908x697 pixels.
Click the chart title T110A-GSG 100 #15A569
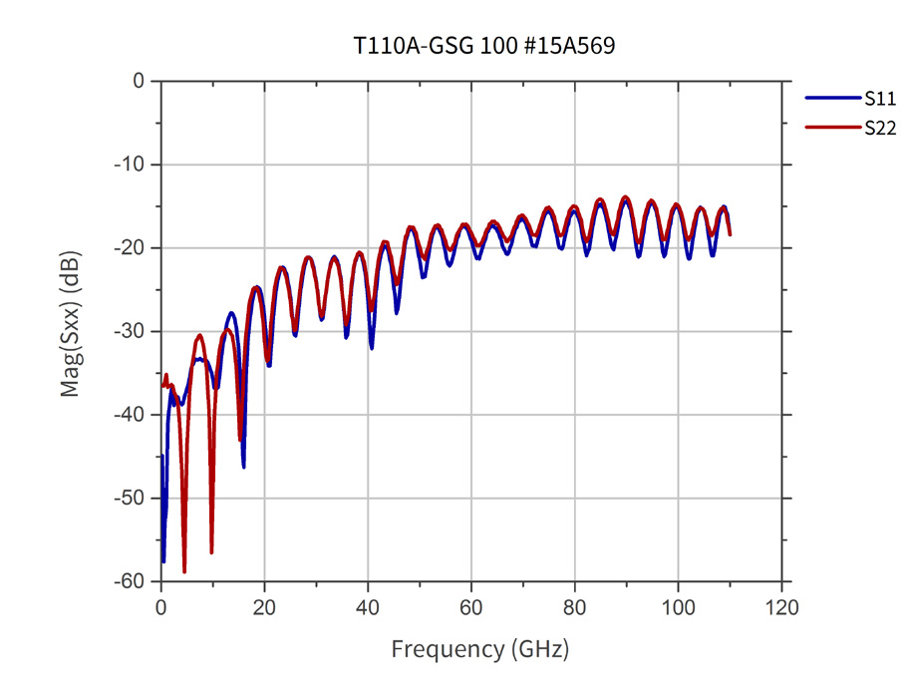pyautogui.click(x=484, y=45)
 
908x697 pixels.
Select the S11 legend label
pyautogui.click(x=880, y=99)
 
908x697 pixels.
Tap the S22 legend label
pyautogui.click(x=880, y=128)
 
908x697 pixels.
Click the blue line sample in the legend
pyautogui.click(x=832, y=98)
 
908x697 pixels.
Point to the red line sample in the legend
pyautogui.click(x=832, y=127)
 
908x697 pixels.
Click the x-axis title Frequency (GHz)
pyautogui.click(x=480, y=649)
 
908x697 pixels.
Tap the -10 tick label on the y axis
pyautogui.click(x=130, y=165)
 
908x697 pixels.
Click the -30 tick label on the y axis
pyautogui.click(x=130, y=331)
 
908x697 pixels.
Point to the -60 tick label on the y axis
pyautogui.click(x=130, y=581)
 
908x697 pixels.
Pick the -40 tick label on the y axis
pyautogui.click(x=130, y=415)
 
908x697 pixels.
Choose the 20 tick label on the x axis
pyautogui.click(x=264, y=608)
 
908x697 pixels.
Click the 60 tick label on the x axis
pyautogui.click(x=470, y=608)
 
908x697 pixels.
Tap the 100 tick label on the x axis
pyautogui.click(x=678, y=608)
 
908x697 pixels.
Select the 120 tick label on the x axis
pyautogui.click(x=781, y=608)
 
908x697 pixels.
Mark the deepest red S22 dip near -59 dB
pyautogui.click(x=184, y=571)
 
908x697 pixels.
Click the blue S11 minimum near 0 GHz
pyautogui.click(x=163, y=560)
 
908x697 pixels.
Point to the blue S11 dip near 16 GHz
pyautogui.click(x=244, y=467)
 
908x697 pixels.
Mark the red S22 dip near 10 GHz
pyautogui.click(x=211, y=552)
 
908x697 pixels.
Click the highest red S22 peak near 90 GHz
pyautogui.click(x=625, y=197)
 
